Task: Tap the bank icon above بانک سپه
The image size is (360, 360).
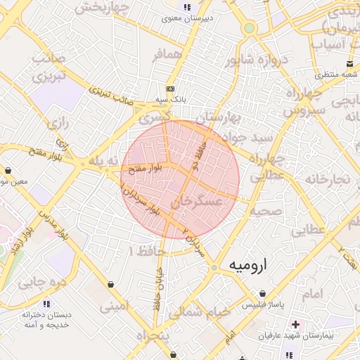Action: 169,89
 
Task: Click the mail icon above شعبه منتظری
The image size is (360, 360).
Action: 330,63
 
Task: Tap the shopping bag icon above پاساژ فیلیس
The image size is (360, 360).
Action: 262,293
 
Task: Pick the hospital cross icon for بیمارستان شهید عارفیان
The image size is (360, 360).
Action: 295,326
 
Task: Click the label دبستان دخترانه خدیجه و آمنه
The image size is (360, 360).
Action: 46,320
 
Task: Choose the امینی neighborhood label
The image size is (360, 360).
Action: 114,307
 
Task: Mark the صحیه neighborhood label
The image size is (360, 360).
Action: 266,210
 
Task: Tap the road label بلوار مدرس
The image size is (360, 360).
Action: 53,223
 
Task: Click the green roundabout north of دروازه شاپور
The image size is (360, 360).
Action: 249,28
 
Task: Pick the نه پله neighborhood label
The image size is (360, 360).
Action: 98,162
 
